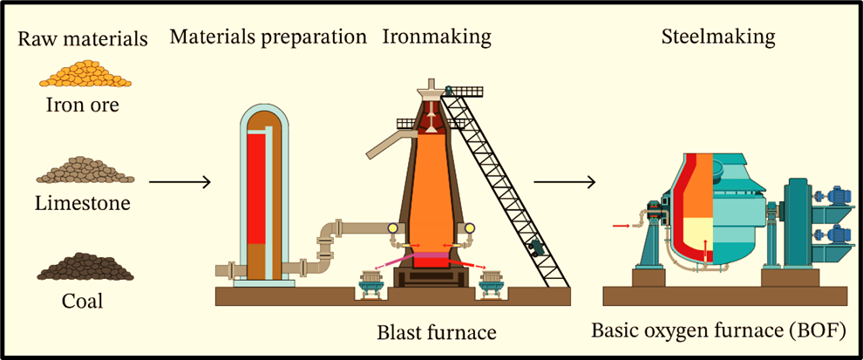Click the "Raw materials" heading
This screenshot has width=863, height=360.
tap(83, 39)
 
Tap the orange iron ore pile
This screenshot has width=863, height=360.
tap(85, 73)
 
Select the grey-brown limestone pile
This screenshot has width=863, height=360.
tap(85, 170)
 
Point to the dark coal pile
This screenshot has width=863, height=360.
tap(85, 266)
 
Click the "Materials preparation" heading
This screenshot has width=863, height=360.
tap(268, 37)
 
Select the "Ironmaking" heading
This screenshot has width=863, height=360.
tap(437, 37)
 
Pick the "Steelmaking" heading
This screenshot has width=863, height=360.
tap(717, 37)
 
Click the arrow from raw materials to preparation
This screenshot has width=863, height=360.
tap(180, 182)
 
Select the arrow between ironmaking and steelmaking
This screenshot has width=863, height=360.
tap(564, 182)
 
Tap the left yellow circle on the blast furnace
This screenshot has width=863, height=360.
tap(393, 229)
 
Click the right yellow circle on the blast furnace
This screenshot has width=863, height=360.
tap(471, 229)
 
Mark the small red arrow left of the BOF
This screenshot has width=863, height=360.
tap(620, 226)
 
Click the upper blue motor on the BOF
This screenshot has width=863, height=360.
tap(838, 196)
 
